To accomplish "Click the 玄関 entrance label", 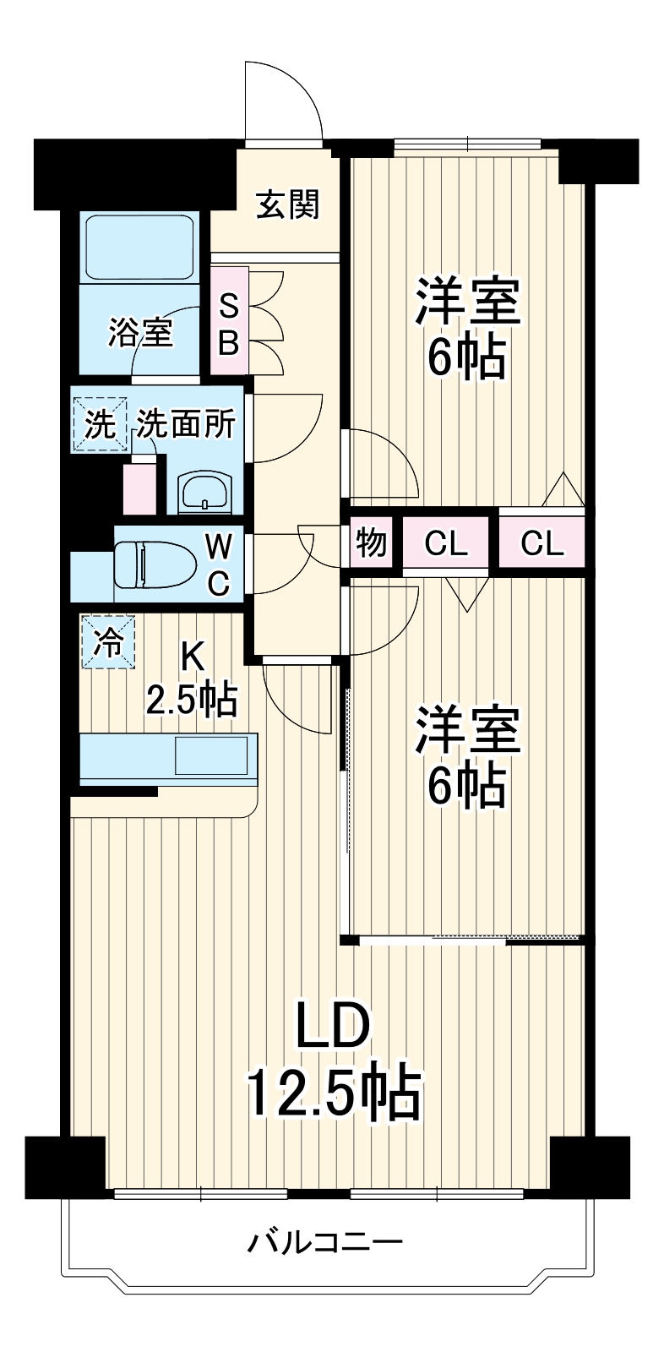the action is [x=287, y=204].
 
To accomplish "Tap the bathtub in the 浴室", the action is [x=141, y=247].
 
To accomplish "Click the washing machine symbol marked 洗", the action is [x=101, y=424].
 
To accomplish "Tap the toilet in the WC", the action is [x=155, y=564].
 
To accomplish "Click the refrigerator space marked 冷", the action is [x=109, y=641].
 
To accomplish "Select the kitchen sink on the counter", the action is [x=212, y=755].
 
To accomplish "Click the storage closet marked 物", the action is [x=371, y=542].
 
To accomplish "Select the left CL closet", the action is [x=446, y=542].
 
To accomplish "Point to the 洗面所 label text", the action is [x=185, y=423].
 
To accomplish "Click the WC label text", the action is [x=218, y=565].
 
